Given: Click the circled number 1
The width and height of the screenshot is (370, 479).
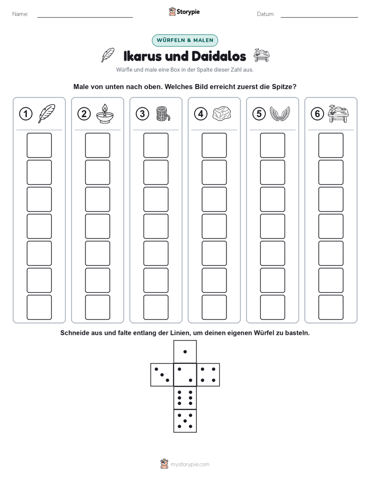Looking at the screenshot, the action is coord(25,114).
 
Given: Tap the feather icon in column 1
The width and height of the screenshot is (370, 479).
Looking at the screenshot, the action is coord(47,114).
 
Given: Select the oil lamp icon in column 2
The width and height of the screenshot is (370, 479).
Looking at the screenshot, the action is coord(105,114).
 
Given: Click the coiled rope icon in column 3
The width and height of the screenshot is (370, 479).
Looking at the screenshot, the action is coord(163,114).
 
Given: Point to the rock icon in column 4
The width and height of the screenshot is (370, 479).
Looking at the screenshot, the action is coord(222,114).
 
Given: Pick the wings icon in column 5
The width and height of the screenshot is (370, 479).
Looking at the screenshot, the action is coord(280,114).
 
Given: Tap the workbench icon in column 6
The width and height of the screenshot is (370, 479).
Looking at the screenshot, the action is coord(338,114).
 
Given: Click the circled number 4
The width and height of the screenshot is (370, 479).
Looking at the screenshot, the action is coord(201,114).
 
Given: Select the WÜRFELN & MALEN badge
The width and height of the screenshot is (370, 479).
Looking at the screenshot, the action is coord(185,40).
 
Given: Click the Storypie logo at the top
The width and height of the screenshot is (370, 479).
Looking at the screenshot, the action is coord(184,12).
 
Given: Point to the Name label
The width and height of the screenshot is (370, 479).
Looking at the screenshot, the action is coord(20,14).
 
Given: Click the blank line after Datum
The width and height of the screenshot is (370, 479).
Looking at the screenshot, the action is coord(319,18).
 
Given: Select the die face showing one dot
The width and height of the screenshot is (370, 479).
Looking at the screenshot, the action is coord(185,352).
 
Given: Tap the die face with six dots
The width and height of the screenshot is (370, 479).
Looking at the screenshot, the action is coord(185,398).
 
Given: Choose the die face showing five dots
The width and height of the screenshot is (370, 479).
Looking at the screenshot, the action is coord(185,421).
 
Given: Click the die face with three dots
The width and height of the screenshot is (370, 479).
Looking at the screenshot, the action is coord(162,375).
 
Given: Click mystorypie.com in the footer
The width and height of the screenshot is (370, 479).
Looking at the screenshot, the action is coord(190,464).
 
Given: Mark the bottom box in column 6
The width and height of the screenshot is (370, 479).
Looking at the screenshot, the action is coord(331,307).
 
